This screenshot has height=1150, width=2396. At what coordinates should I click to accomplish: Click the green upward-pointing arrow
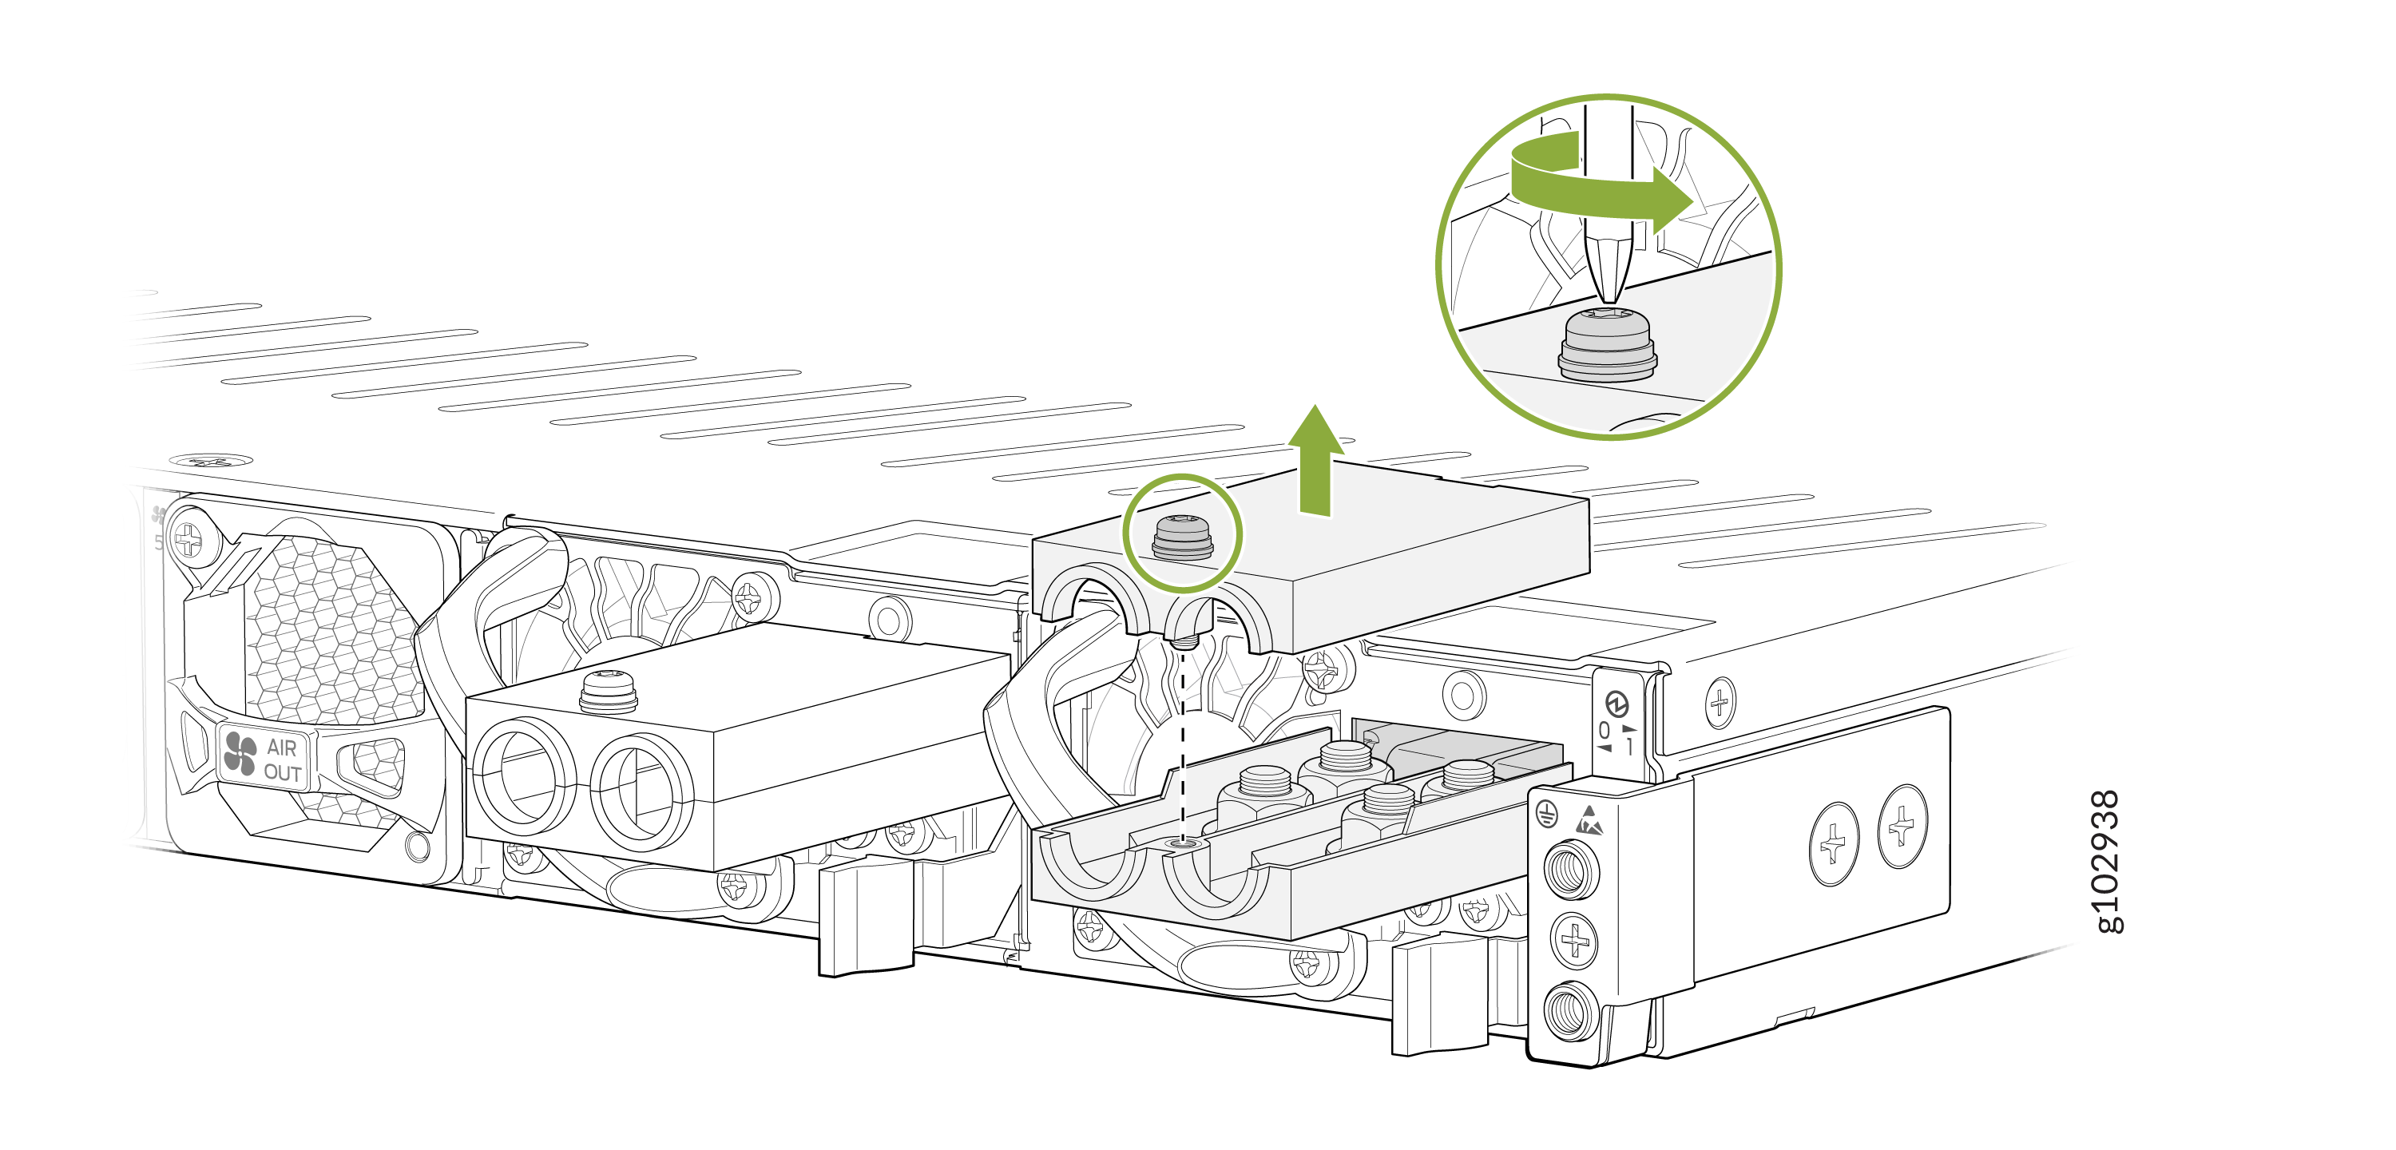pyautogui.click(x=1315, y=460)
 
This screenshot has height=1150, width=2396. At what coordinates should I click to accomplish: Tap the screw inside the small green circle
pyautogui.click(x=1182, y=537)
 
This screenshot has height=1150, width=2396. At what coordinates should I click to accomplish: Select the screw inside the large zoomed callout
pyautogui.click(x=1607, y=343)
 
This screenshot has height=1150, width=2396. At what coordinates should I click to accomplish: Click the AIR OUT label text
pyautogui.click(x=282, y=759)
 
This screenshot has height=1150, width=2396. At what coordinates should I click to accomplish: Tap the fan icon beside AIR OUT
pyautogui.click(x=240, y=754)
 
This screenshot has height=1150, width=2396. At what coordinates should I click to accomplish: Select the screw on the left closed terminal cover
pyautogui.click(x=609, y=692)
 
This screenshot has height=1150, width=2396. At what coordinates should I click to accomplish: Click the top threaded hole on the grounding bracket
pyautogui.click(x=1571, y=869)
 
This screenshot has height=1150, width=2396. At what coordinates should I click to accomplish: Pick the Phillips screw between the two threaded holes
pyautogui.click(x=1573, y=940)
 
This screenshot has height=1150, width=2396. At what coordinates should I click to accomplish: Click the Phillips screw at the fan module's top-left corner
pyautogui.click(x=188, y=539)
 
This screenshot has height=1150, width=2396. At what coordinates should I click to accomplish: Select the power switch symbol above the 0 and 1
pyautogui.click(x=1617, y=704)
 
